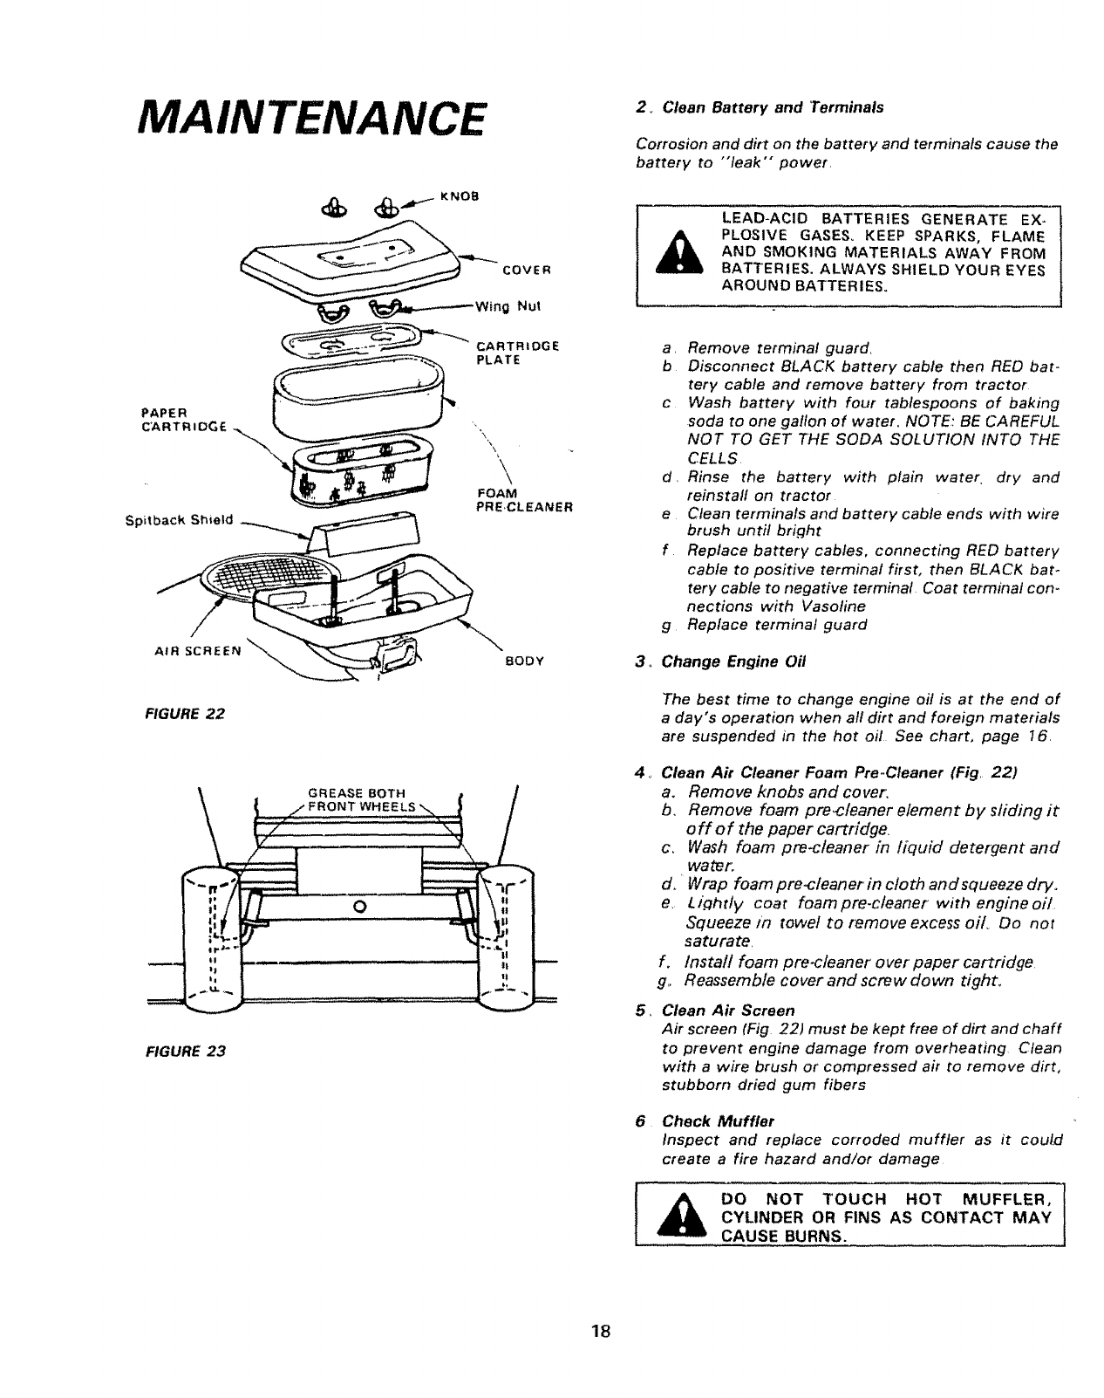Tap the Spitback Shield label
pos(180,521)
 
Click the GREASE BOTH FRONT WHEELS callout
pos(358,799)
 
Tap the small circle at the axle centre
pos(359,904)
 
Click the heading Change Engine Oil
pos(734,661)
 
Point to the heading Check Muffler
pos(718,1120)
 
